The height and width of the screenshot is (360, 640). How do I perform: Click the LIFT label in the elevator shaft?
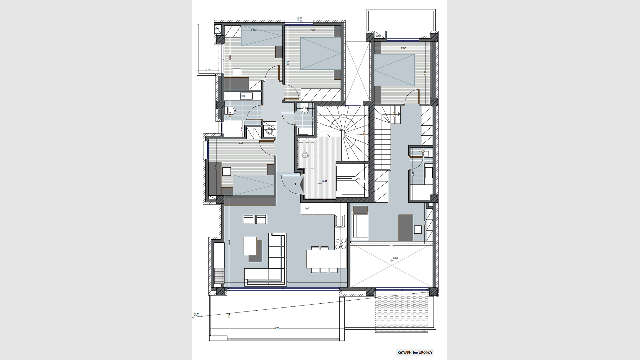click(x=358, y=179)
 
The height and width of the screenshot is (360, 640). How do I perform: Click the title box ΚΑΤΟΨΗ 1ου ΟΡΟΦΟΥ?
click(x=415, y=352)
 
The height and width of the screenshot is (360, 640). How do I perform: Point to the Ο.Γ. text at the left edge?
click(x=196, y=314)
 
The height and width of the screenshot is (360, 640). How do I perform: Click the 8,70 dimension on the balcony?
click(x=277, y=328)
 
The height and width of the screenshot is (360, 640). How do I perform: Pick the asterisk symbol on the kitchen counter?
click(x=307, y=209)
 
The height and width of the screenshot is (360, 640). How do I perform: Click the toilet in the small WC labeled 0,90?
click(x=304, y=109)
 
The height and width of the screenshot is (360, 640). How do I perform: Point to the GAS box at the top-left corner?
click(x=218, y=29)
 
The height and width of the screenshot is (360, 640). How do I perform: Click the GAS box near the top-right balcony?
click(x=378, y=36)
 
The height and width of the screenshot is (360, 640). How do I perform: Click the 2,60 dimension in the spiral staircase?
click(x=343, y=115)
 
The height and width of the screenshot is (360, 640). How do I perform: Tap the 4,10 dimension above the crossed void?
click(x=392, y=246)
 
